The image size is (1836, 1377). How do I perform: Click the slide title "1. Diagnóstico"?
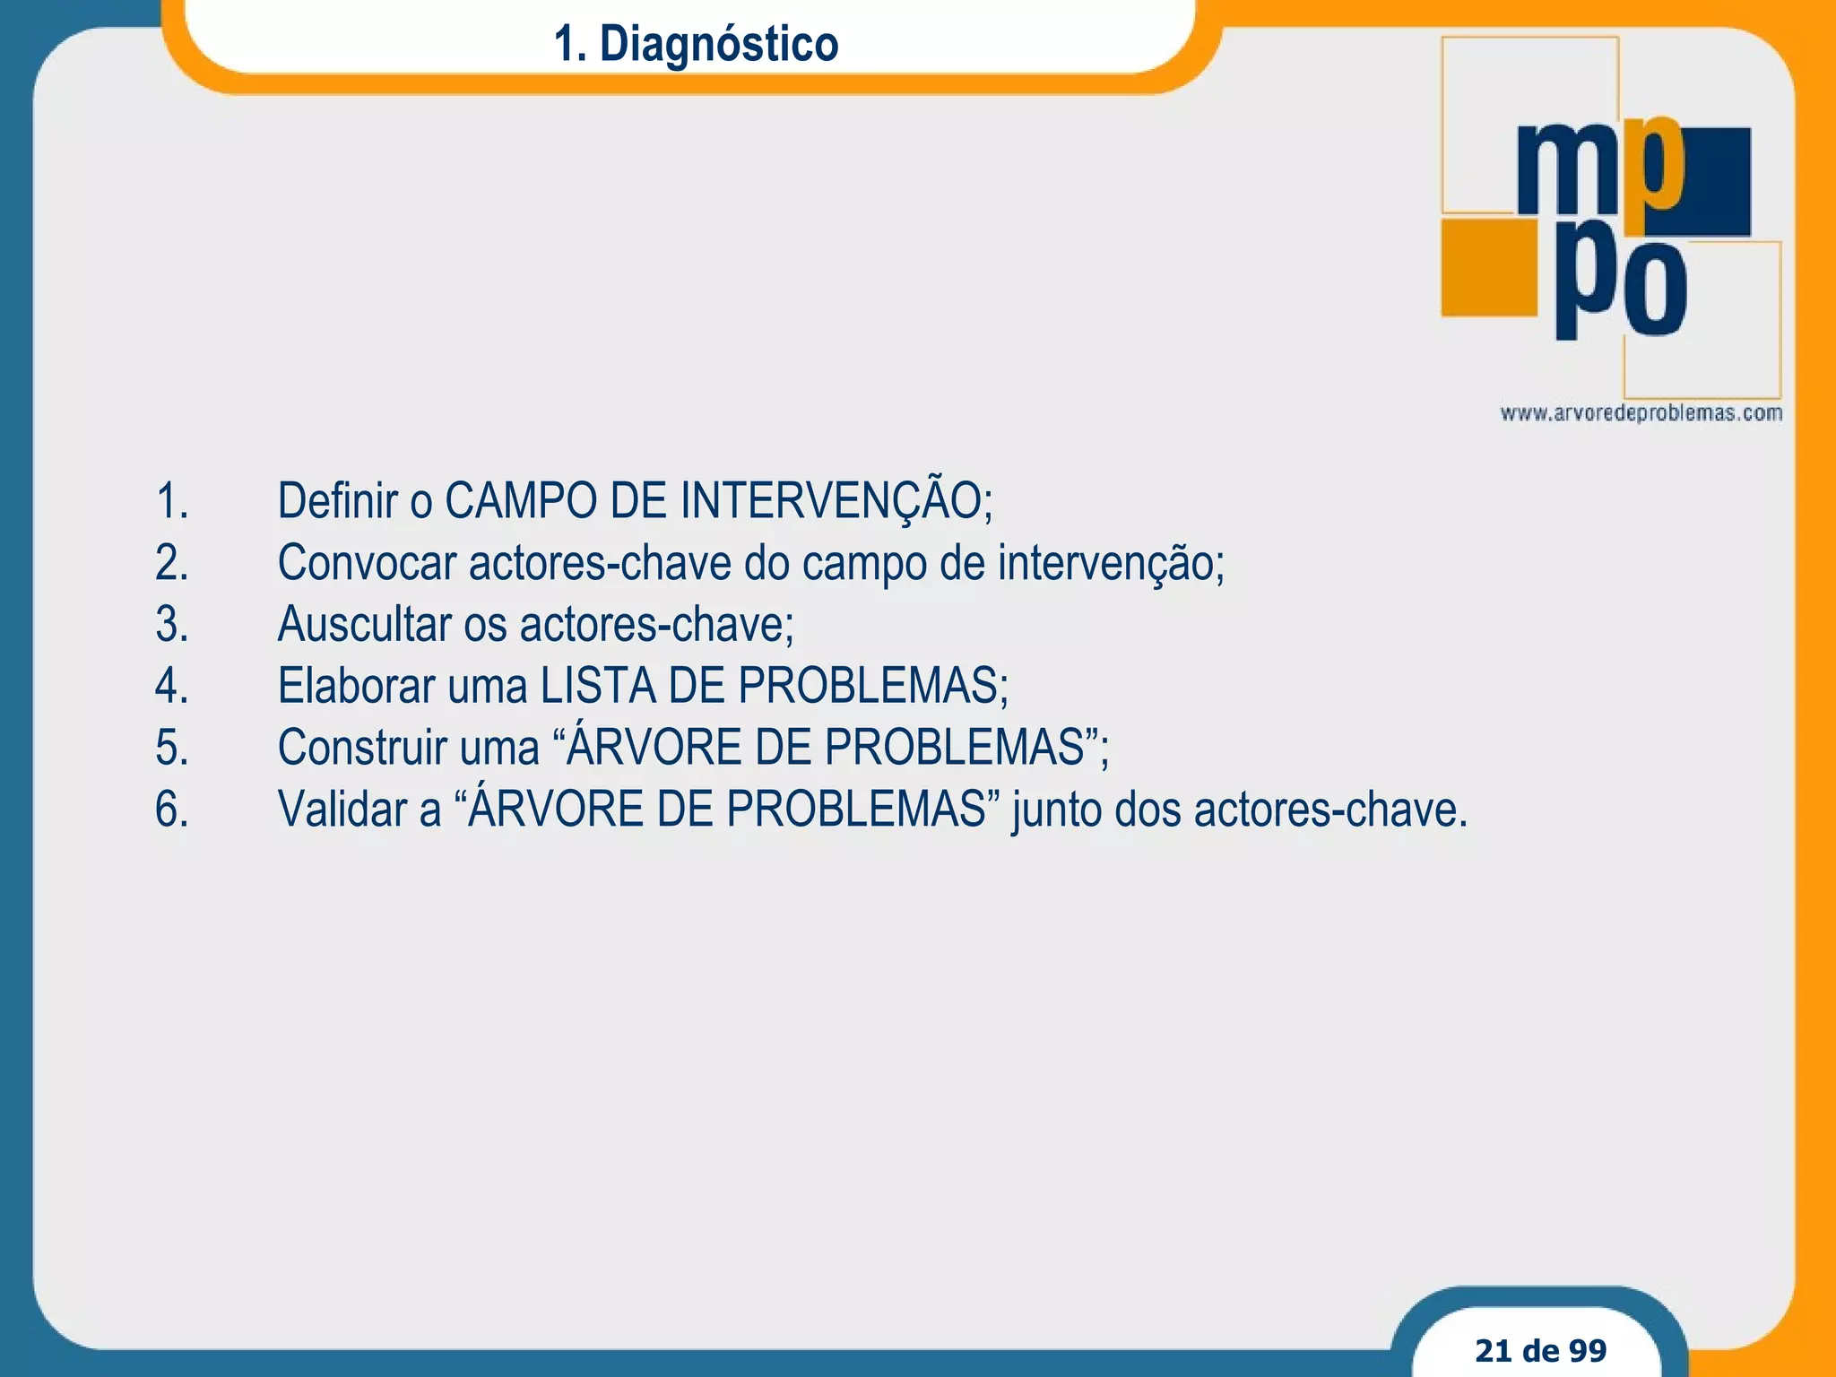696,43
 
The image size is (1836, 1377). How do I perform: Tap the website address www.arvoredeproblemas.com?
1641,413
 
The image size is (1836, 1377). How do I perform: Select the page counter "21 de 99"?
1540,1349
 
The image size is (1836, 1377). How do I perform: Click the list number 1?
171,500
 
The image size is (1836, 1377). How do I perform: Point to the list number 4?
171,686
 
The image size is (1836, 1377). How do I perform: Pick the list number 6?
171,810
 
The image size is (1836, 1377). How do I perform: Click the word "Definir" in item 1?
337,500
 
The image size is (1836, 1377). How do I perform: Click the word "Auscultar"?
364,624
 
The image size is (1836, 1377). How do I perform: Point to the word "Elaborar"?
356,686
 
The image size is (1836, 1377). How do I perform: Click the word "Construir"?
361,748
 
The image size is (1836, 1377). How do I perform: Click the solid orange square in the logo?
1488,267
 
